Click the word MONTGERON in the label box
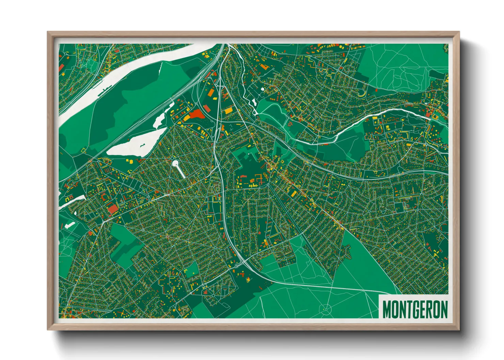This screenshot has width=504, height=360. pyautogui.click(x=415, y=309)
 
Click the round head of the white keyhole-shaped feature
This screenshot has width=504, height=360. pyautogui.click(x=175, y=164)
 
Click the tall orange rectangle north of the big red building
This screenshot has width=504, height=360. pyautogui.click(x=207, y=108)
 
